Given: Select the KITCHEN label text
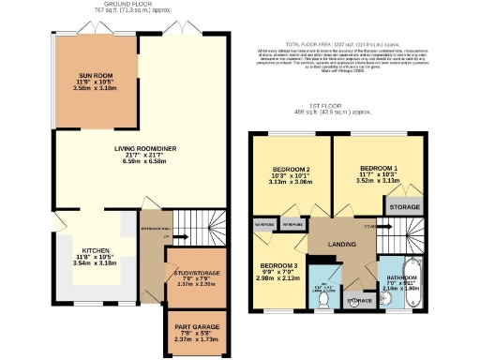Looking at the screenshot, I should [94, 251].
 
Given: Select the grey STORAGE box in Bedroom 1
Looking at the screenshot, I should [403, 206].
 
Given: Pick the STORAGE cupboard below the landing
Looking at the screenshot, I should [357, 300].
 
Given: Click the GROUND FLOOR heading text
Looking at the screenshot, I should [127, 4].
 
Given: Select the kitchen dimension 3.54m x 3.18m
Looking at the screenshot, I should [94, 265].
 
